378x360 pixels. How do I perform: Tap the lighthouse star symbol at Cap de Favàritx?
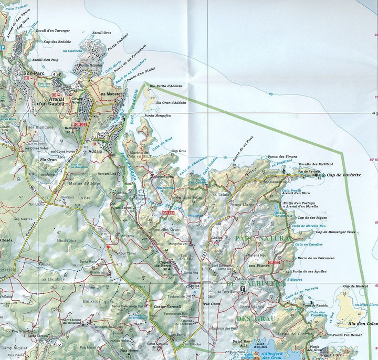pos(323,175)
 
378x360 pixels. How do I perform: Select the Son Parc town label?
pos(35,73)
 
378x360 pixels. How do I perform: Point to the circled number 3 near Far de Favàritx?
pos(288,181)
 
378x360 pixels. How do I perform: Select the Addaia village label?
pos(96,150)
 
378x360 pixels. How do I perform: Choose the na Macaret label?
pos(111,93)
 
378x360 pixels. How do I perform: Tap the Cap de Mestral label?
pos(355,286)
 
